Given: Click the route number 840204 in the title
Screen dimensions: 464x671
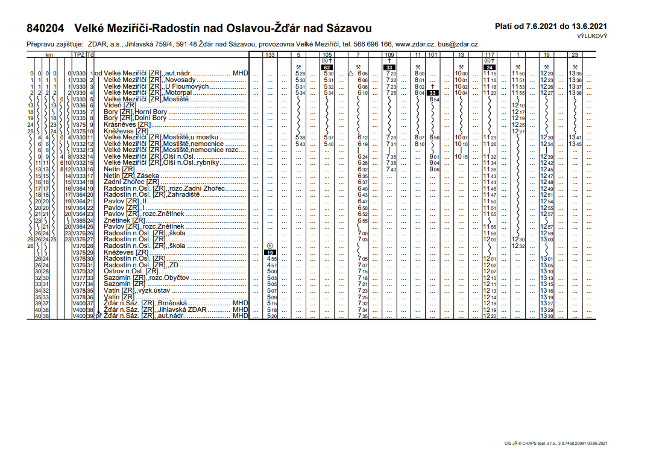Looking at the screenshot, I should [46, 28].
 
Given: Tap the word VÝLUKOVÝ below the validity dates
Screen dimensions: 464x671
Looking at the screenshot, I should [591, 36].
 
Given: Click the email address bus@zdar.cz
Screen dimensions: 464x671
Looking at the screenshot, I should [458, 45].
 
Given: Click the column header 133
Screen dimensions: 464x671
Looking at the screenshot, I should [271, 55].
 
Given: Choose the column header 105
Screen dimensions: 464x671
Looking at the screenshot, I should [327, 55].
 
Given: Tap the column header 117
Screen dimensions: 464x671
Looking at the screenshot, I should [490, 55].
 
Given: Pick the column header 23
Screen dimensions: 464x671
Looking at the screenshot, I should [575, 55].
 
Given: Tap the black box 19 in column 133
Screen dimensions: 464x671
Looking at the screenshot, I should [271, 252].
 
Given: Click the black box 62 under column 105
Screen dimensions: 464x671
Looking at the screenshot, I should [328, 67].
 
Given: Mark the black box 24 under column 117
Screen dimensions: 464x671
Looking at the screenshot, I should [490, 67].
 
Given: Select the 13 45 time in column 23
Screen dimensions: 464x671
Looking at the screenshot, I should [575, 144].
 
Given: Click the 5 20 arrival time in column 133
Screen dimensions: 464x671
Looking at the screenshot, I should [271, 316].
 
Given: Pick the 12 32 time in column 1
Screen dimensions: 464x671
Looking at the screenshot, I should [518, 246].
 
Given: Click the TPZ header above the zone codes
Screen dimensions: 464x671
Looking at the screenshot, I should [78, 55].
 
